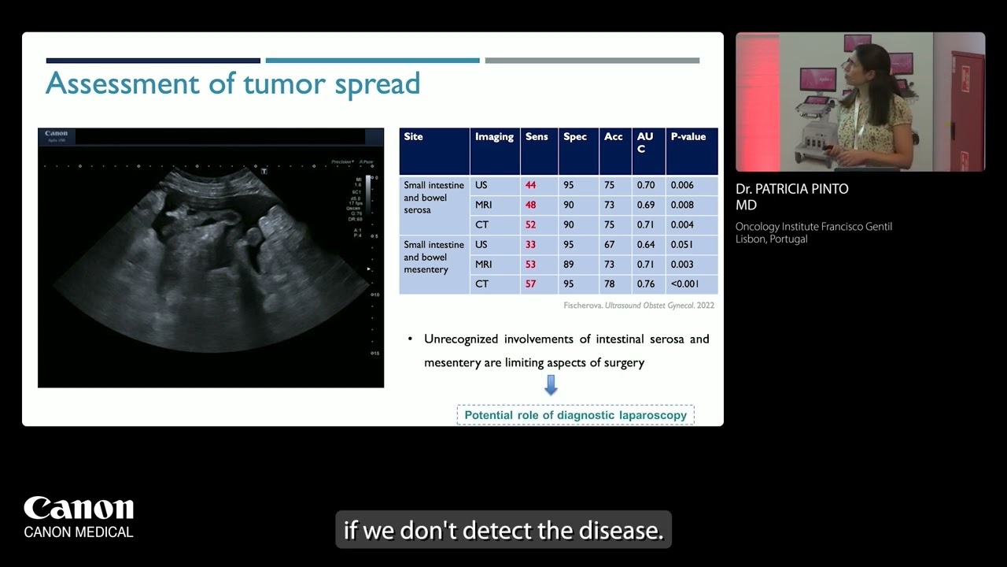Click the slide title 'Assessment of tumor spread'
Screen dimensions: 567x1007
233,83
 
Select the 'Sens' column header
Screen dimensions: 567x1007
537,137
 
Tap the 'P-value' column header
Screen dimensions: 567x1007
688,137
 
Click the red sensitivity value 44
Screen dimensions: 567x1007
531,185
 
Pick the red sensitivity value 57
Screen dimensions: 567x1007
531,283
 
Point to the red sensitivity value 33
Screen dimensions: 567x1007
531,244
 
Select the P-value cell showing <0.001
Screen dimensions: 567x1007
684,283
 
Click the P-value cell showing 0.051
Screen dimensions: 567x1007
682,244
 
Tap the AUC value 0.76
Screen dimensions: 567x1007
646,283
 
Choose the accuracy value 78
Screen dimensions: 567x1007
609,283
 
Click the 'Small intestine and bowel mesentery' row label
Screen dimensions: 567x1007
434,258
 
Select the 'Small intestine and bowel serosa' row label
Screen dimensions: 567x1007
434,198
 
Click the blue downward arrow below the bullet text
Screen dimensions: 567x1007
551,385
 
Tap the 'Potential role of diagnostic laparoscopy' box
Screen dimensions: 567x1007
575,415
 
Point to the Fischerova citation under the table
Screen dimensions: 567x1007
639,306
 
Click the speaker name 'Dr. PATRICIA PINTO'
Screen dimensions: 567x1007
792,189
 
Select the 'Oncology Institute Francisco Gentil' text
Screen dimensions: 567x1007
813,227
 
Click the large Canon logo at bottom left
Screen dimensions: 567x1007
79,509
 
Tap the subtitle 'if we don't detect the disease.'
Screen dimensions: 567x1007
503,531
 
